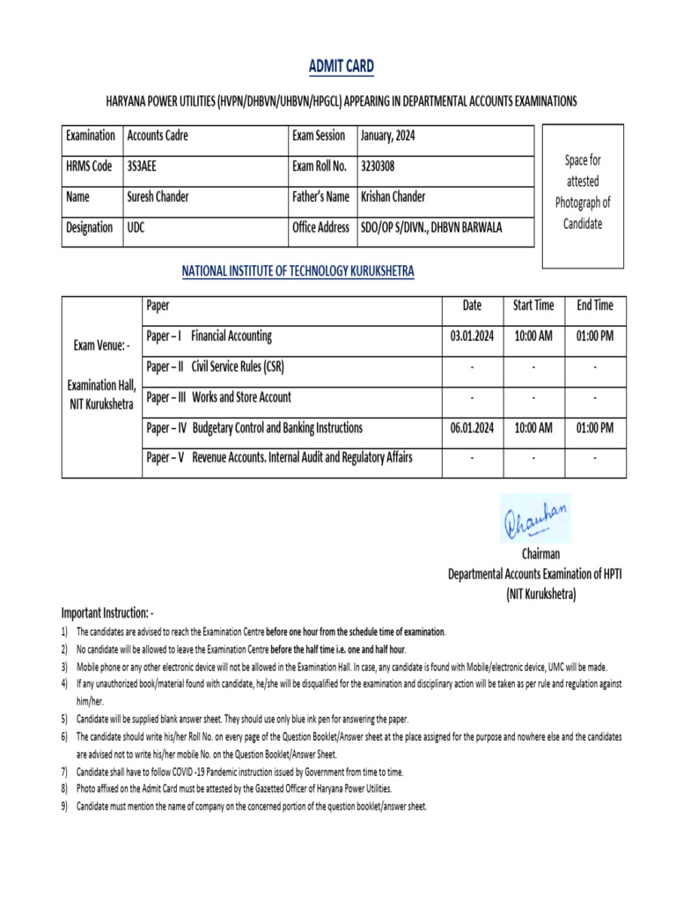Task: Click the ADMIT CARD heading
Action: (x=341, y=66)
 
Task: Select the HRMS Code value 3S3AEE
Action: (x=143, y=166)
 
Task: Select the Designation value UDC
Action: (x=138, y=227)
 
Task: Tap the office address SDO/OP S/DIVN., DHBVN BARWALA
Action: (x=431, y=227)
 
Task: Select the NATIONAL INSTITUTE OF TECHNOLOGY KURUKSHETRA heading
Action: (x=298, y=271)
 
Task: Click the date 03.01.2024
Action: (x=472, y=336)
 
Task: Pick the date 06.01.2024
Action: (x=472, y=428)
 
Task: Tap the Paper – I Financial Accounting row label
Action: (x=209, y=336)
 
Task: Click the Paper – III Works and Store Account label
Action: (x=218, y=397)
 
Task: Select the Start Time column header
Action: (x=533, y=306)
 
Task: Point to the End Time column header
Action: (x=595, y=306)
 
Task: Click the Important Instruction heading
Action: (x=107, y=611)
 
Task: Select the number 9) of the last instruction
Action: (x=65, y=806)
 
